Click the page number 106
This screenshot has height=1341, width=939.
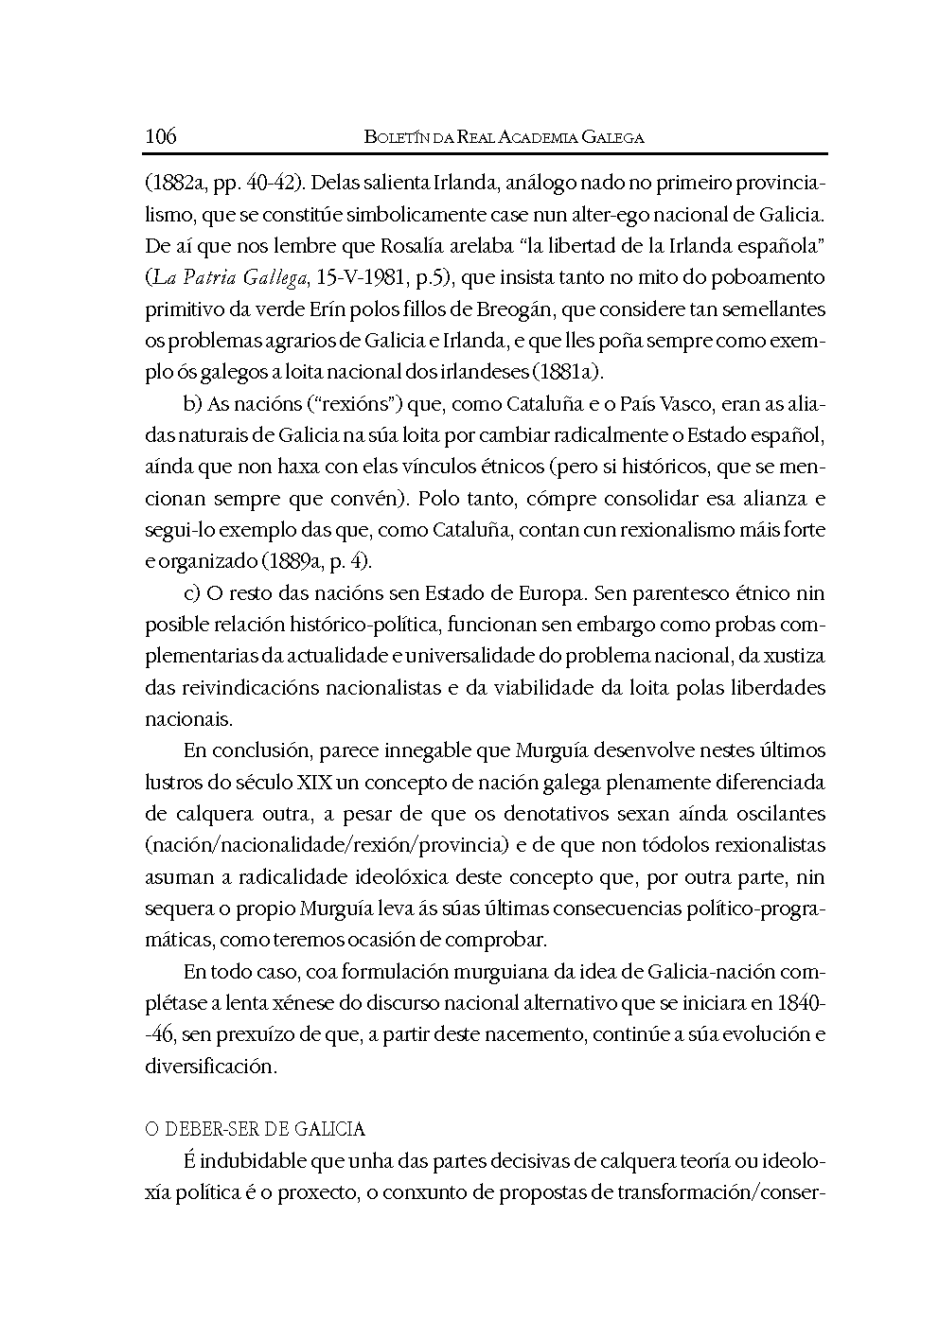161,136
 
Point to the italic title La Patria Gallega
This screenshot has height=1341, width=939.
223,277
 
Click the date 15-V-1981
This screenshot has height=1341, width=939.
350,277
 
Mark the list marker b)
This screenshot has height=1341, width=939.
193,404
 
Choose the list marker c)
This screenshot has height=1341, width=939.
192,593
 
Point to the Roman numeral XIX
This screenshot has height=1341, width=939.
315,783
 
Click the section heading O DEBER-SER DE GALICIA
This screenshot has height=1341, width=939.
255,1129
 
